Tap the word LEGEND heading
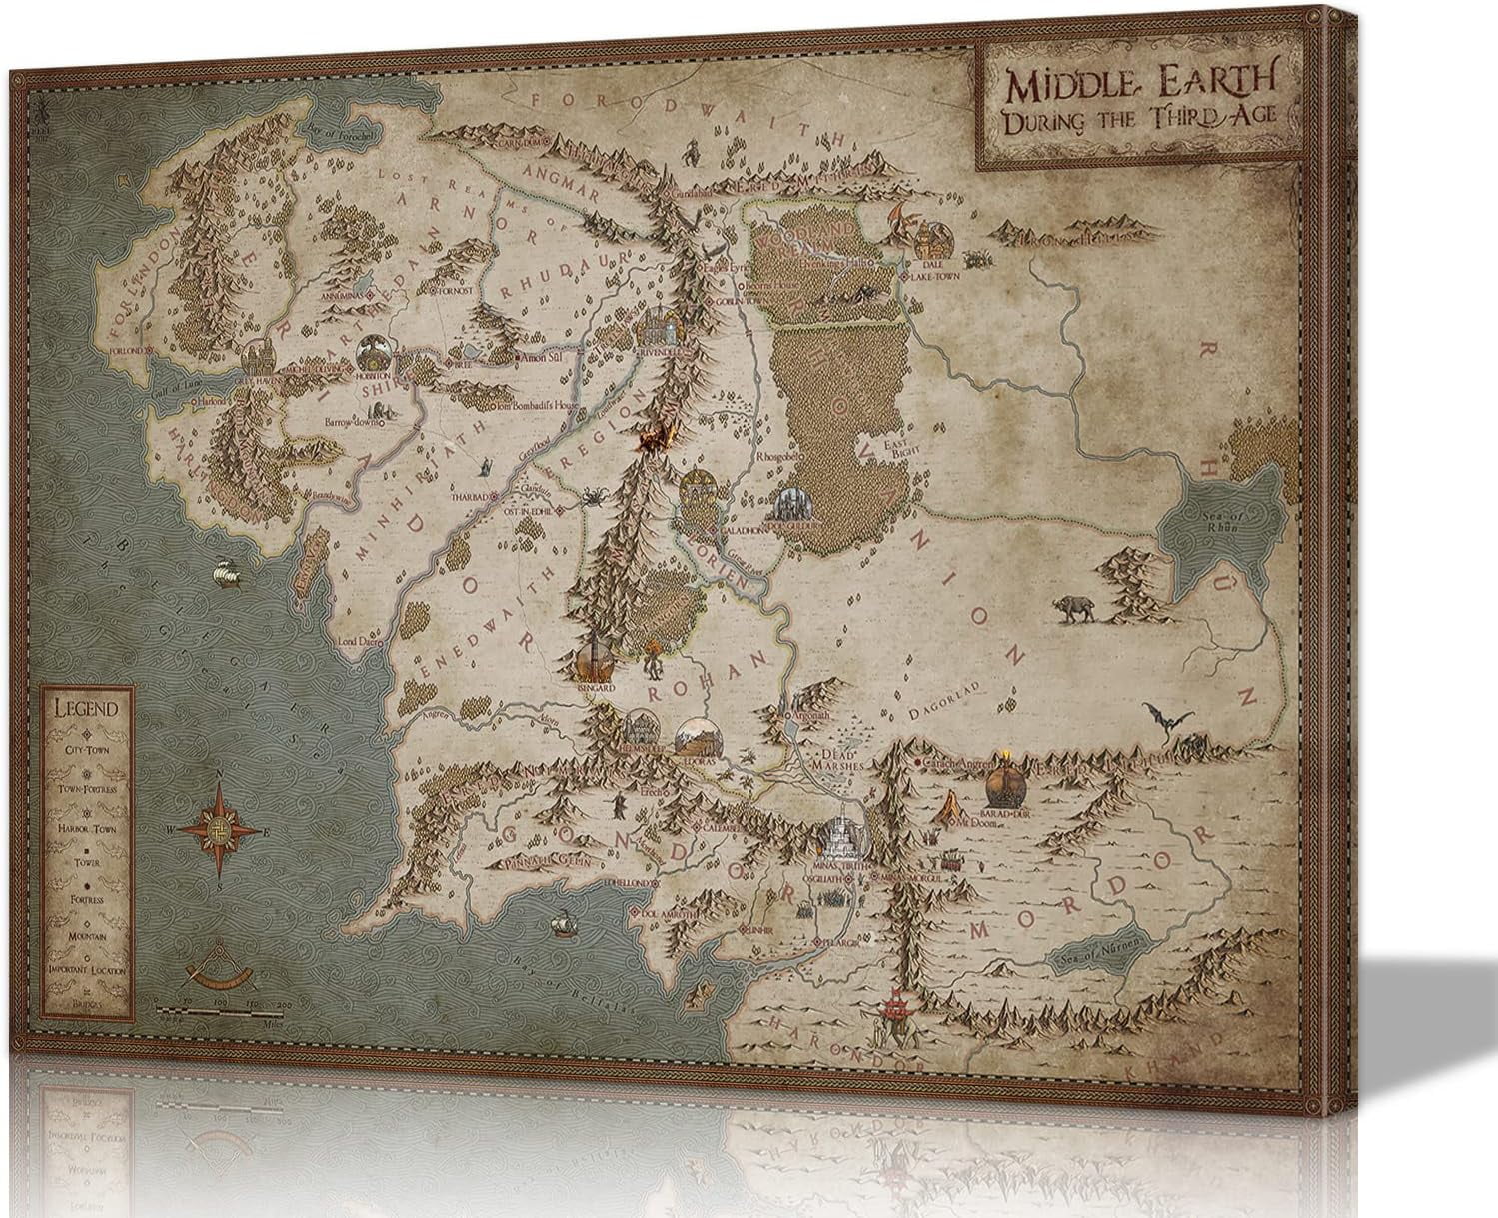pyautogui.click(x=87, y=709)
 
